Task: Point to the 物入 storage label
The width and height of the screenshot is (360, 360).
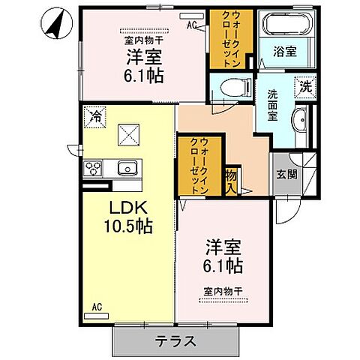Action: coord(231,179)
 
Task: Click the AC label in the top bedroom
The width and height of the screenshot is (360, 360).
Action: coord(191,24)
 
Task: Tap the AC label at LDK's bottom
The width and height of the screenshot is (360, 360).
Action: coord(97,306)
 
